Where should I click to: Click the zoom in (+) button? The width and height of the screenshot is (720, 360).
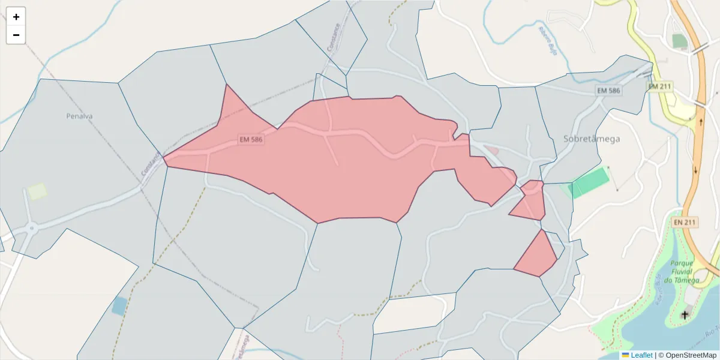[16, 17]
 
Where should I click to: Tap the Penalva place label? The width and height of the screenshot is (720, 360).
[79, 116]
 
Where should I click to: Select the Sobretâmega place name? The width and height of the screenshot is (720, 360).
[592, 139]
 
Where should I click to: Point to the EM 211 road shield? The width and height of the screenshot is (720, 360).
[659, 87]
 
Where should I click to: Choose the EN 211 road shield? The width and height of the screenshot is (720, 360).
[685, 222]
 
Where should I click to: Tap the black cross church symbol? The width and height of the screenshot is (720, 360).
[685, 314]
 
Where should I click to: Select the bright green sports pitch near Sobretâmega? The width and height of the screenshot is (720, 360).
[590, 183]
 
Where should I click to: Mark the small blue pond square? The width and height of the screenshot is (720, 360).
[119, 306]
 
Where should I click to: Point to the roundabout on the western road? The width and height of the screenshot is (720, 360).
[31, 228]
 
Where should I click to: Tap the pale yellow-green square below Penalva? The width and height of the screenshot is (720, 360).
[37, 191]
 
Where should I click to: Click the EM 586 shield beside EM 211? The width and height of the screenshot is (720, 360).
[608, 90]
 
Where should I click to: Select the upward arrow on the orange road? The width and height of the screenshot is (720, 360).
[701, 122]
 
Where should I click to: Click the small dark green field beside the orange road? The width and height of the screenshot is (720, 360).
[680, 41]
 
